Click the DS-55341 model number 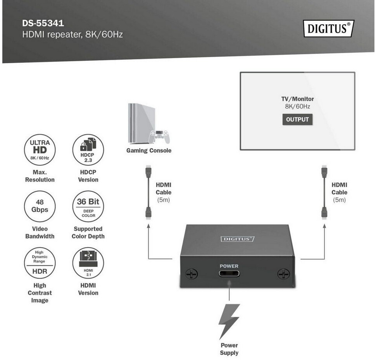click(x=43, y=23)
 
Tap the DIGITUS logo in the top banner click(x=329, y=28)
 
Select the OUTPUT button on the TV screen click(x=297, y=119)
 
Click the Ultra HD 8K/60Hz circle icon click(x=40, y=150)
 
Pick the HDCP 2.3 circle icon click(x=88, y=150)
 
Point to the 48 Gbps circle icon click(x=40, y=206)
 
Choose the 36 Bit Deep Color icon click(x=88, y=206)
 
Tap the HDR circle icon click(x=40, y=263)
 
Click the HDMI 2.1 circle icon click(x=88, y=263)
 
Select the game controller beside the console click(x=159, y=137)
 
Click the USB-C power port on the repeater click(x=229, y=273)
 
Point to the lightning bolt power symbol click(x=229, y=322)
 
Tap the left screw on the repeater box click(x=191, y=274)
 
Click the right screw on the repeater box click(x=283, y=274)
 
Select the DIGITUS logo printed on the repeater click(x=237, y=239)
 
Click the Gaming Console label click(x=149, y=151)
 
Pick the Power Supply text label click(x=229, y=349)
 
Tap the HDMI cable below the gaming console click(x=148, y=192)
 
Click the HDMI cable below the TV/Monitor click(x=324, y=192)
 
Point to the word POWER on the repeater click(x=229, y=266)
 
